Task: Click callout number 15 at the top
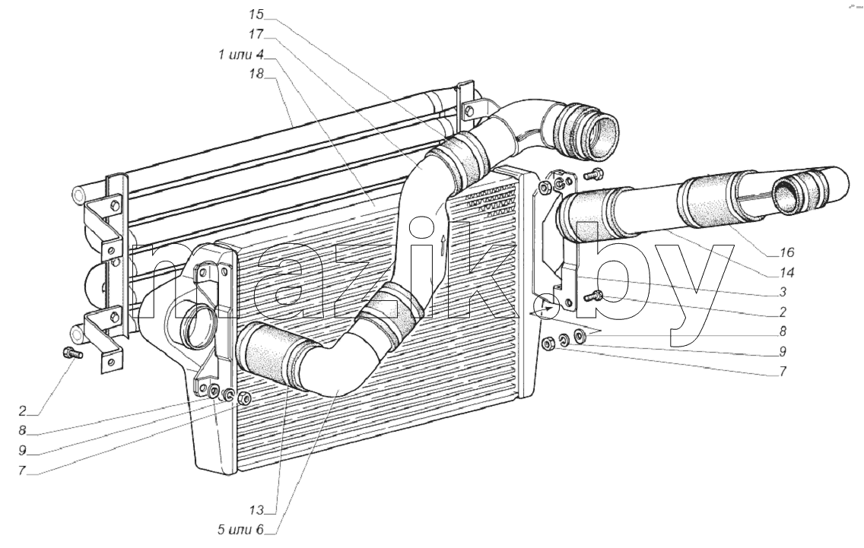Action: point(256,14)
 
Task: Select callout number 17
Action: point(256,34)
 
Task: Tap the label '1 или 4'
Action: point(241,55)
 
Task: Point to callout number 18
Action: point(256,74)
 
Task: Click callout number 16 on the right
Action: point(786,252)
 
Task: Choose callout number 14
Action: point(786,272)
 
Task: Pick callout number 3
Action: point(783,292)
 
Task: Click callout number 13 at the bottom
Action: point(256,510)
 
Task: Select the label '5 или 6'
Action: point(241,530)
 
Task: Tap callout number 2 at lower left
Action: point(22,410)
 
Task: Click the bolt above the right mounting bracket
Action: point(592,175)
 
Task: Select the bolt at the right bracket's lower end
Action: point(593,298)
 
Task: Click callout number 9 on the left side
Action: point(22,450)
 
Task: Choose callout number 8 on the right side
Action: point(783,331)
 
